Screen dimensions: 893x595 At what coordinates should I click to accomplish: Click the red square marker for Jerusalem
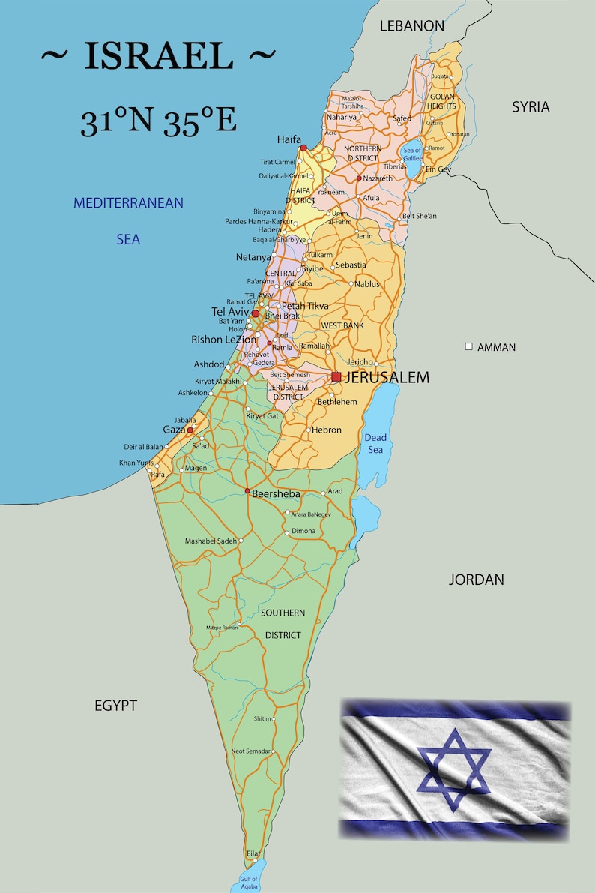coord(336,376)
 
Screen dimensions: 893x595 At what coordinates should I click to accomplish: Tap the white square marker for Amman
coord(469,347)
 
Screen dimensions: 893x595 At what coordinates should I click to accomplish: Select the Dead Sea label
coord(375,443)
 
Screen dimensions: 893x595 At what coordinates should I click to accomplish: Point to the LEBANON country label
coord(411,26)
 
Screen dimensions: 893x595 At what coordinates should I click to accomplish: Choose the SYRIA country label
coord(531,107)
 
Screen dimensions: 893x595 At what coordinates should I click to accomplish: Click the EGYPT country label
coord(115,706)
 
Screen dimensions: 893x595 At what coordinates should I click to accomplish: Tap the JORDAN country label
coord(476,580)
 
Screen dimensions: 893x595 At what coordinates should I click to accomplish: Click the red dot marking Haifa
coord(303,148)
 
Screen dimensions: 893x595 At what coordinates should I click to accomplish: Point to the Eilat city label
coord(253,854)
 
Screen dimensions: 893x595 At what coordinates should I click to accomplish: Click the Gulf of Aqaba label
coord(249,883)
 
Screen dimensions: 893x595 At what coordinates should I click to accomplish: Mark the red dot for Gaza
coord(190,430)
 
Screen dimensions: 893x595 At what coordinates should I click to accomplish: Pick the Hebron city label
coord(327,430)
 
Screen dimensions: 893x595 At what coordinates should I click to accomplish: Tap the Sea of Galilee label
coord(412,154)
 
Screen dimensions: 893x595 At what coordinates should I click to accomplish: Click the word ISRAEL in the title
coord(158,57)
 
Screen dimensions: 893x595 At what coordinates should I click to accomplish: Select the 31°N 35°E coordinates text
coord(158,121)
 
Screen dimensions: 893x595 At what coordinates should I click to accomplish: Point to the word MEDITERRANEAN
coord(128,203)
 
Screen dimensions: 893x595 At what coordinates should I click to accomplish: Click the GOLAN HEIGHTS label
coord(442,101)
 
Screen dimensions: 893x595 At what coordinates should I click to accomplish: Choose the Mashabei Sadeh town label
coord(211,541)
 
